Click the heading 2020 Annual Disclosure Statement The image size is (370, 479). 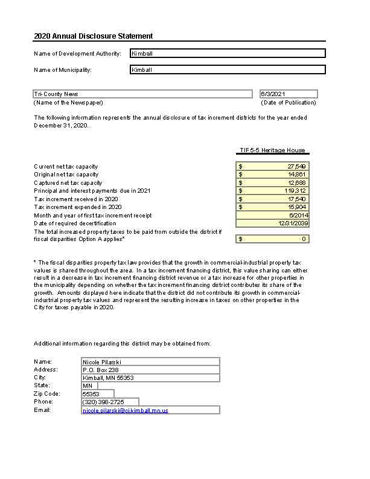click(93, 36)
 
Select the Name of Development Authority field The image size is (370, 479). click(228, 53)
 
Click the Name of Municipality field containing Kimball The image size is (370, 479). click(228, 69)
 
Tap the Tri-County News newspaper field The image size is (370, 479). click(142, 94)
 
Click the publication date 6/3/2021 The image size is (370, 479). click(288, 94)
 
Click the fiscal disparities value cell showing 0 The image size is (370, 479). click(273, 239)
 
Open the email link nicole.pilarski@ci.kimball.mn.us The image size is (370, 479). click(126, 411)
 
